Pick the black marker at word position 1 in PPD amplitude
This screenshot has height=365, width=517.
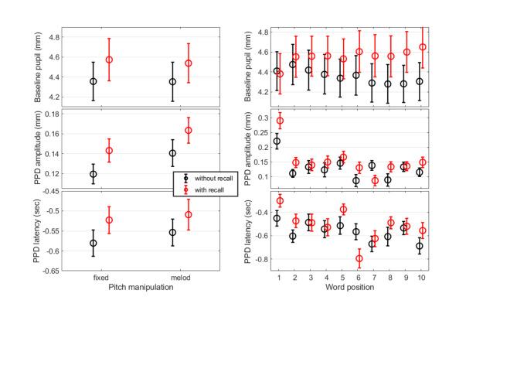coord(277,142)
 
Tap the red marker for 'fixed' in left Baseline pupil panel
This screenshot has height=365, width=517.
coord(109,60)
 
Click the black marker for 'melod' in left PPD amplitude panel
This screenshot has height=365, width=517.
coord(173,153)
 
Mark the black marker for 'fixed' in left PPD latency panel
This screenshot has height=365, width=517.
coord(94,243)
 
